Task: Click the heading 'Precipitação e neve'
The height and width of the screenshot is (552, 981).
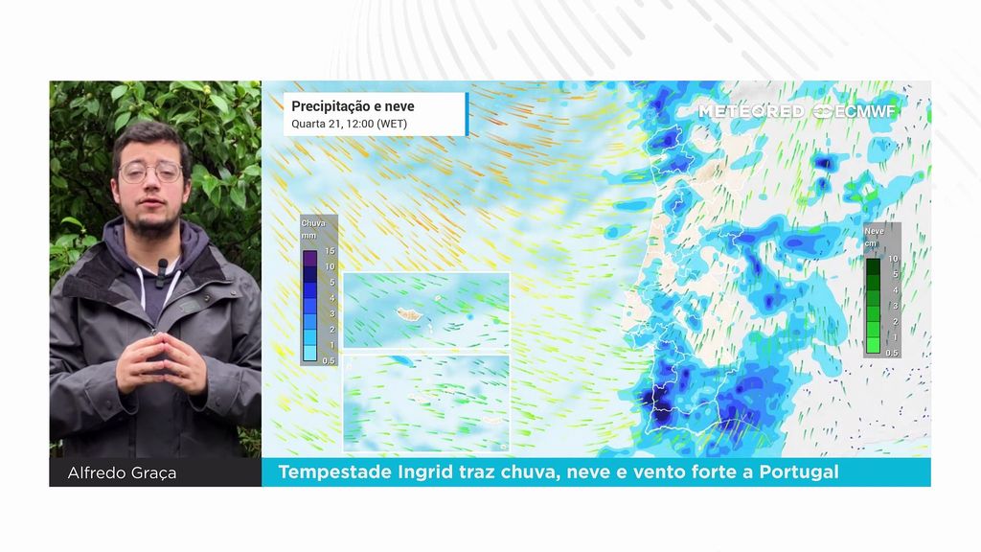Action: click(353, 106)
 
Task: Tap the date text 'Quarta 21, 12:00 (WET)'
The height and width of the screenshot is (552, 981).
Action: click(349, 124)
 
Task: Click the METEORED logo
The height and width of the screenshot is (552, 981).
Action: click(751, 111)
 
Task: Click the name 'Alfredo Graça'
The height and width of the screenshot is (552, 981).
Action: click(122, 473)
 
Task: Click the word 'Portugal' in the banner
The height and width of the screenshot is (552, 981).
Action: click(799, 471)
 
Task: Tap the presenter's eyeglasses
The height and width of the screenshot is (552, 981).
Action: click(150, 171)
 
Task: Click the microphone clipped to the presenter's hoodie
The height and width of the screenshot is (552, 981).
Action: click(162, 269)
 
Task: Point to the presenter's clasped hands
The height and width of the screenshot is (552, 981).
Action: click(161, 361)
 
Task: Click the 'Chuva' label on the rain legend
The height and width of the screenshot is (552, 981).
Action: click(313, 222)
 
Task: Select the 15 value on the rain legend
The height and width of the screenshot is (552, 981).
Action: click(330, 251)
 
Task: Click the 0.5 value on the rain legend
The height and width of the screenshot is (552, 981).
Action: click(329, 361)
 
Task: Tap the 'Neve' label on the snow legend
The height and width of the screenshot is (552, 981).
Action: click(874, 231)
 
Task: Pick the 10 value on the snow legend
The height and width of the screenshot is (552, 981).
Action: click(893, 259)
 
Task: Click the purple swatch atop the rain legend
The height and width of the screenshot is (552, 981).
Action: click(309, 259)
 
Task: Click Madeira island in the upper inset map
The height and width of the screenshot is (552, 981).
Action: click(408, 313)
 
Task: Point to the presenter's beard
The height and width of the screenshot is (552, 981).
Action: click(151, 219)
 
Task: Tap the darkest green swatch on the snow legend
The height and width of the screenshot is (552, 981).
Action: click(873, 266)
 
